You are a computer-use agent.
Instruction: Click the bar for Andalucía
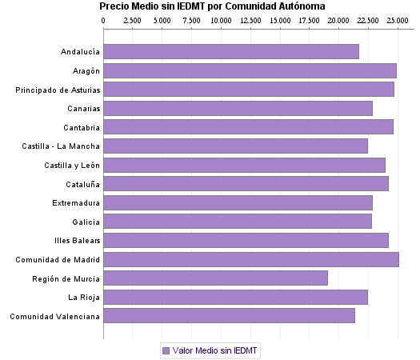click(x=231, y=52)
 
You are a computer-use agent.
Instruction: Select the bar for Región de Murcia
click(x=215, y=278)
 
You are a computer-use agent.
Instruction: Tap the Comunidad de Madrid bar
click(x=250, y=259)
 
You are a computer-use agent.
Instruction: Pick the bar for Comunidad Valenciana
click(x=229, y=316)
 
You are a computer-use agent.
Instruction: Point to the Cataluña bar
click(x=246, y=184)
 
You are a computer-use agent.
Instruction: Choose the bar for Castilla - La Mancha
click(x=235, y=146)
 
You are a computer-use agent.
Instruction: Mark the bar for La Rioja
click(x=235, y=298)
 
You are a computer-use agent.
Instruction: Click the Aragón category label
click(x=86, y=71)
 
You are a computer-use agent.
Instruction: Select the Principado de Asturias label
click(x=58, y=90)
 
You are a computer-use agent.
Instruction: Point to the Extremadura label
click(x=76, y=202)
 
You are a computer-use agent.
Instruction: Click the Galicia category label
click(x=86, y=222)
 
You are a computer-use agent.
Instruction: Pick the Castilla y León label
click(x=72, y=165)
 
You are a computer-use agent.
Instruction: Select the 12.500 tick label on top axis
click(x=250, y=19)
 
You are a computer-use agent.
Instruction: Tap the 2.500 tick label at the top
click(x=133, y=19)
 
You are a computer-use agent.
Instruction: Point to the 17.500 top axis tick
click(x=309, y=19)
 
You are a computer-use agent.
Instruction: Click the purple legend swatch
click(x=166, y=350)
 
